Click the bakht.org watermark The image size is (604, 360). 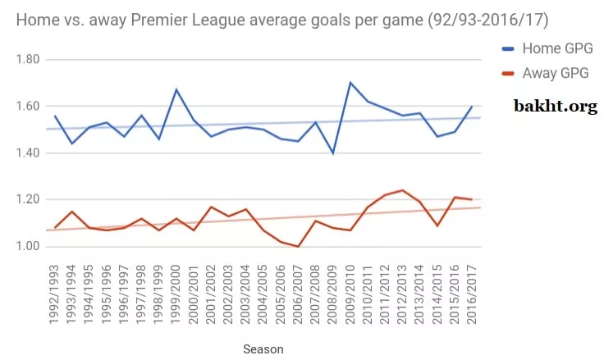point(556,106)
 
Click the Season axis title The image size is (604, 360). point(263,349)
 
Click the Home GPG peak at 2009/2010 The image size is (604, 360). point(350,83)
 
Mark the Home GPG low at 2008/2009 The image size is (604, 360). point(333,153)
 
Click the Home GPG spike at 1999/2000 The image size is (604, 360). point(176,89)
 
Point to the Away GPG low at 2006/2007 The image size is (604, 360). point(298,246)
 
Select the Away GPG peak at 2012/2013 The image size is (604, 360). point(403,190)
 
